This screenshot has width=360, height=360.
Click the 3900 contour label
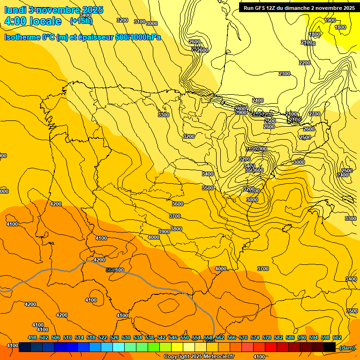164,232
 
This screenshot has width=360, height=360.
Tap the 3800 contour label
176,229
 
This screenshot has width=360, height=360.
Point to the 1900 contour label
330,20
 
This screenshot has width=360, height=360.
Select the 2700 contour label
315,114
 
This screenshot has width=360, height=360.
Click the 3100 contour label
139,22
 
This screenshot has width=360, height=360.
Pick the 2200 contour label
304,63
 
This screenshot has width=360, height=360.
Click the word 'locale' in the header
45,21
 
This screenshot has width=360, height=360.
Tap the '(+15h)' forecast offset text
81,21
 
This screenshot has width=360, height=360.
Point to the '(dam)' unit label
347,347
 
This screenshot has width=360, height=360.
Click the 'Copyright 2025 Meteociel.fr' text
199,356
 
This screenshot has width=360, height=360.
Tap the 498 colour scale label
32,337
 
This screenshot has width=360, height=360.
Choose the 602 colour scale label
337,337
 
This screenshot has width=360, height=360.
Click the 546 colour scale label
173,337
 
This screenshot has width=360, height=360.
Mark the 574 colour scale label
255,337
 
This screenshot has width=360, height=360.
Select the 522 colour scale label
103,337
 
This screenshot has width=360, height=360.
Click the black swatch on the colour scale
330,347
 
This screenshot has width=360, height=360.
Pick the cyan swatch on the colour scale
119,347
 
